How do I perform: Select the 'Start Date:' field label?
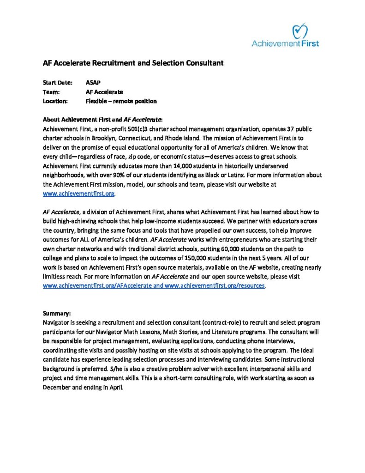pos(58,83)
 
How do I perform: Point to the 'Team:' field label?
pos(51,92)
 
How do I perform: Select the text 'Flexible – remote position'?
pos(121,101)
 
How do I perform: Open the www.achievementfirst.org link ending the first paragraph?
pos(78,194)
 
